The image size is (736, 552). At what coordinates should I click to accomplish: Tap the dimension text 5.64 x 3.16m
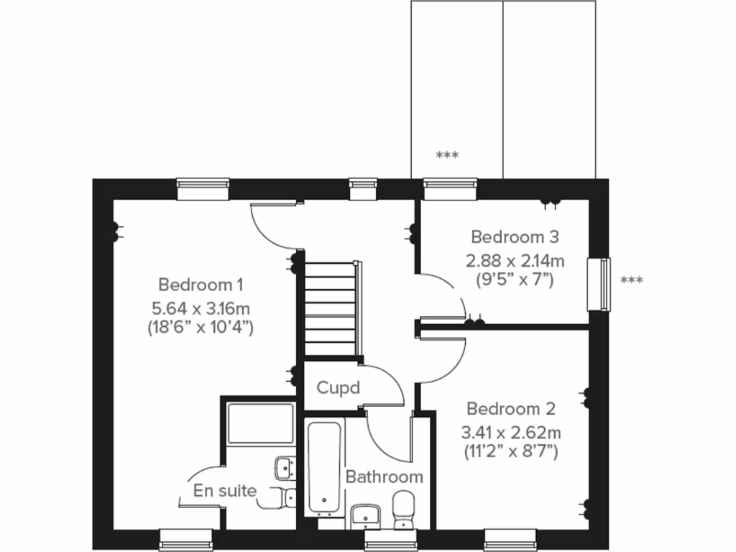click(x=201, y=309)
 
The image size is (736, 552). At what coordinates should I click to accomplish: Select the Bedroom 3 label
click(x=515, y=236)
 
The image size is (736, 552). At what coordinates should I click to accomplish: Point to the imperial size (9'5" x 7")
click(x=515, y=279)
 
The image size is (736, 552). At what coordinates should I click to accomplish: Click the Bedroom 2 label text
click(x=511, y=409)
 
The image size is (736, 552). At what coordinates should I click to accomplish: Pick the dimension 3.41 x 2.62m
click(x=511, y=433)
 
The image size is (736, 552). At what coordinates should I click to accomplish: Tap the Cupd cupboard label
click(x=339, y=388)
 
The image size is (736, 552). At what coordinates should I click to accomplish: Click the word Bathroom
click(x=384, y=477)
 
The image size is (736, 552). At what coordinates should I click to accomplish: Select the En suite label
click(x=225, y=491)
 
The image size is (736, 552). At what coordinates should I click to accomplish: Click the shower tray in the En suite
click(x=260, y=423)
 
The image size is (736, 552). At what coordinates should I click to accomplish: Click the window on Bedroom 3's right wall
click(x=598, y=284)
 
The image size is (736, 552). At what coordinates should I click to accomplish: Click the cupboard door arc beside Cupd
click(x=388, y=385)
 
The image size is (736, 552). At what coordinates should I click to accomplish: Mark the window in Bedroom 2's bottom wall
click(x=510, y=539)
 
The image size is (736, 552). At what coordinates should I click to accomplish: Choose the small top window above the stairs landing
click(x=363, y=188)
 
